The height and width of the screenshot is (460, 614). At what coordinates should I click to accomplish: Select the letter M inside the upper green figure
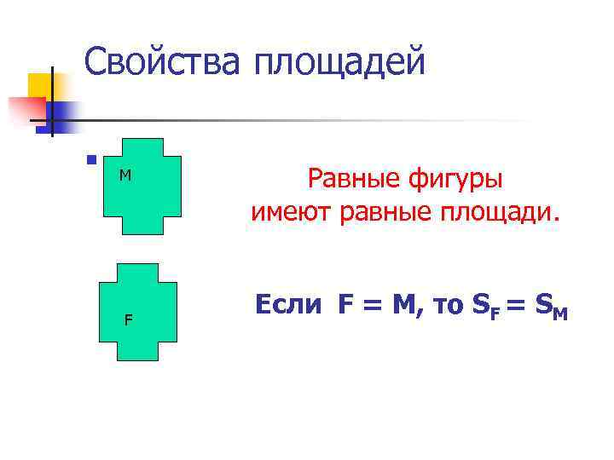(x=125, y=175)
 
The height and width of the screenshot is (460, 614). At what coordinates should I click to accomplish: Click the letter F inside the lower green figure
(x=128, y=321)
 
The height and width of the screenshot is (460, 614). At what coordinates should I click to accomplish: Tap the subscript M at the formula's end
(x=559, y=314)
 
